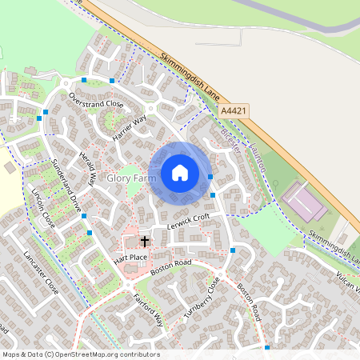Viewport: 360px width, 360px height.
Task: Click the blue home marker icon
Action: pyautogui.click(x=179, y=172)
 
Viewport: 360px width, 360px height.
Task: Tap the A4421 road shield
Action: pyautogui.click(x=234, y=111)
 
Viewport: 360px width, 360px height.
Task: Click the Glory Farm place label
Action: pyautogui.click(x=130, y=178)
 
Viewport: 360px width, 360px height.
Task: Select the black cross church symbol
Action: pyautogui.click(x=145, y=240)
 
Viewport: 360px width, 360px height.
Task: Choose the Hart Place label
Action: pyautogui.click(x=130, y=257)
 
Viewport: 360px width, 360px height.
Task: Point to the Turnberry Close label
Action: pyautogui.click(x=201, y=298)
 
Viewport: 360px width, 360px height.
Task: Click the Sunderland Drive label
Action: pyautogui.click(x=66, y=186)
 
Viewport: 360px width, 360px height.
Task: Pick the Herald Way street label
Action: pyautogui.click(x=87, y=169)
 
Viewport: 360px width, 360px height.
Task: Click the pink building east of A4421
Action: pyautogui.click(x=303, y=201)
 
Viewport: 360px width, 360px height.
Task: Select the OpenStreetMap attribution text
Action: pyautogui.click(x=80, y=354)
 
